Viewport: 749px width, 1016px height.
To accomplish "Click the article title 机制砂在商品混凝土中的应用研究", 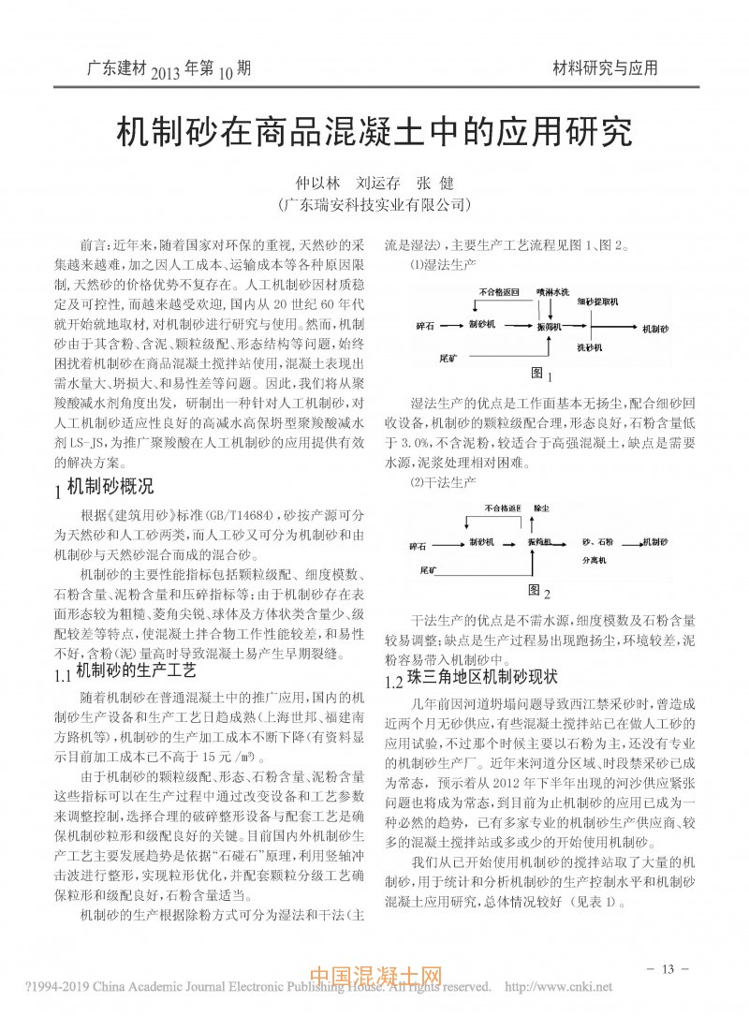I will pyautogui.click(x=374, y=135).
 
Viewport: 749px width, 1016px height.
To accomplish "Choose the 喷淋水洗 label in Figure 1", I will pyautogui.click(x=552, y=292).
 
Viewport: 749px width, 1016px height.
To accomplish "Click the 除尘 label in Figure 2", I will pyautogui.click(x=540, y=507).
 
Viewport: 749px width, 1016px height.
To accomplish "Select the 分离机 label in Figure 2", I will pyautogui.click(x=595, y=560).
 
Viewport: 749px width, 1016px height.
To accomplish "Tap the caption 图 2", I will pyautogui.click(x=537, y=590).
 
